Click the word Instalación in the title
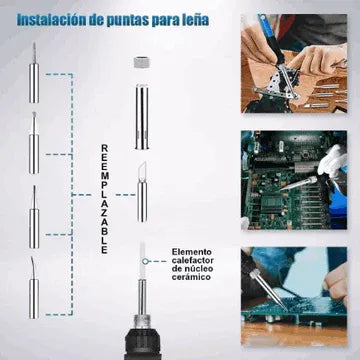click(x=50, y=20)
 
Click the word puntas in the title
click(x=124, y=21)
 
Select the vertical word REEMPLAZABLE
click(x=104, y=199)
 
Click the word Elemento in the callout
click(x=192, y=252)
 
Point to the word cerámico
click(x=191, y=277)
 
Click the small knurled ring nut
click(x=142, y=62)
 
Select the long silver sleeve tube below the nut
click(x=142, y=117)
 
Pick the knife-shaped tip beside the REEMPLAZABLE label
click(x=142, y=192)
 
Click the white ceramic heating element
click(x=142, y=260)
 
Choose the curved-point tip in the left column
click(x=34, y=287)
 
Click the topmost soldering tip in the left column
click(x=34, y=72)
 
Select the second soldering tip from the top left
click(x=34, y=143)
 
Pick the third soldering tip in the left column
click(x=34, y=217)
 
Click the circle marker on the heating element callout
click(x=145, y=261)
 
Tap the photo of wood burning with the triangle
click(x=294, y=63)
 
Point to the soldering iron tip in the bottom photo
click(x=269, y=289)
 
